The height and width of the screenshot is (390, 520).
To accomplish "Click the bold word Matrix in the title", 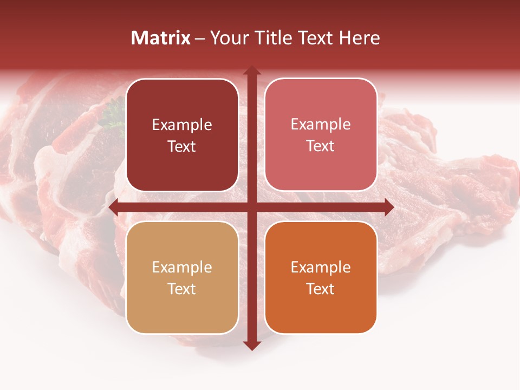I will coord(161,38).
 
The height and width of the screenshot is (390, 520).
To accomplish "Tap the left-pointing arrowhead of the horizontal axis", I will coord(114,207).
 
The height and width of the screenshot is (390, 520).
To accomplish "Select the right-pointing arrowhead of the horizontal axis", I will coord(388,207).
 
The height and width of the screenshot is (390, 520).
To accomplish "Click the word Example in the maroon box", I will coord(182,125).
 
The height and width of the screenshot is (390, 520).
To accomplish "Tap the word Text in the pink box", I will coord(321,146).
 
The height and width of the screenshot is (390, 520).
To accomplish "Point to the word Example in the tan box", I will coord(182,267).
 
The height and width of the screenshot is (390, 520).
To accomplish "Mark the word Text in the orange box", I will coord(321,289).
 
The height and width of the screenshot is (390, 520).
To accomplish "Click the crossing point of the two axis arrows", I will coord(251,207).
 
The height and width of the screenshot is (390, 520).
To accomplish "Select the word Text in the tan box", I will coord(182,289).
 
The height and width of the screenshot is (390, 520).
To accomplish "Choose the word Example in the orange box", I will coord(321,267).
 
